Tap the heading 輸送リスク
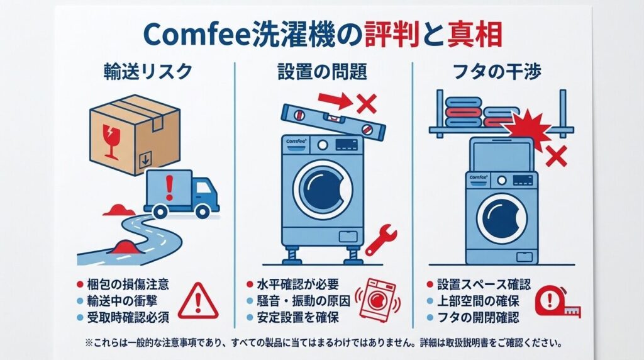(148, 72)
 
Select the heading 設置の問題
(322, 72)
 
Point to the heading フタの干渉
(497, 72)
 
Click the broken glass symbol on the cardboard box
(111, 142)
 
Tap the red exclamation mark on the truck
(169, 188)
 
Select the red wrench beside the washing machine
(380, 240)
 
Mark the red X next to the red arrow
(367, 104)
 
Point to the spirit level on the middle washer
(333, 120)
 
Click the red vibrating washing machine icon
(377, 299)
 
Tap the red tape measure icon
(558, 303)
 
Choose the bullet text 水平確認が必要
(297, 284)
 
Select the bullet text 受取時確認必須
(128, 317)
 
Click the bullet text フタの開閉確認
(478, 317)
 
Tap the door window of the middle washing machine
(323, 189)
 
